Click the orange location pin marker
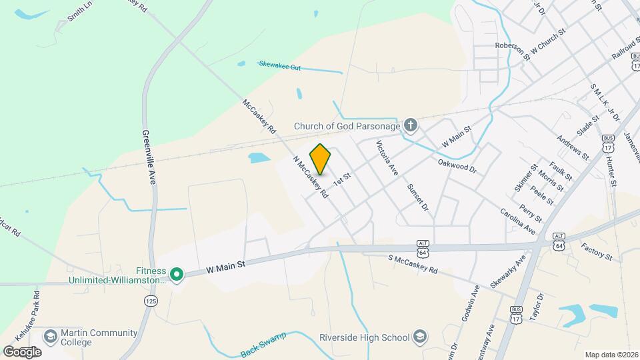pos(321,159)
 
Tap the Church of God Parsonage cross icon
pos(411,125)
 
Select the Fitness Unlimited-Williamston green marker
pos(177,274)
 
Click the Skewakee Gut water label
pos(276,67)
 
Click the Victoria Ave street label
pos(387,158)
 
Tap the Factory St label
pos(596,251)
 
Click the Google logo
pos(22,351)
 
